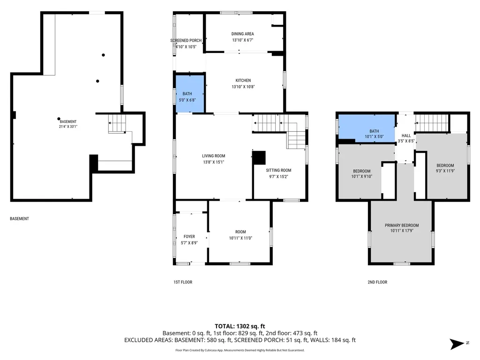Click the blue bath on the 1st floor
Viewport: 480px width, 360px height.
190,94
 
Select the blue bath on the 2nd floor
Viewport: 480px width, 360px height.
367,128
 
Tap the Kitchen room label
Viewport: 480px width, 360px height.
243,81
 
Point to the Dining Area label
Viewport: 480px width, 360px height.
242,34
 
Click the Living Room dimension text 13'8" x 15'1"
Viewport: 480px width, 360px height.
214,162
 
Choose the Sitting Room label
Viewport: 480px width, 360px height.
278,170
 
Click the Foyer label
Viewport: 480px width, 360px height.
189,237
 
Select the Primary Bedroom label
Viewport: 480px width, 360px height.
402,225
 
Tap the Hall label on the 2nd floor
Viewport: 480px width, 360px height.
406,135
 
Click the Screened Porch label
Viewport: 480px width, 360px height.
186,40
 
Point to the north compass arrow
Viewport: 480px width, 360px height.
457,344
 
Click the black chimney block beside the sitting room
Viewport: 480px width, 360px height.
259,157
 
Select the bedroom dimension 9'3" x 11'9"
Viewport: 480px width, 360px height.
445,171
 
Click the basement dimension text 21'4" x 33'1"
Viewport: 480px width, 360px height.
68,127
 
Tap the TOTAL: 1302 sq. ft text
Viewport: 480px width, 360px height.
240,326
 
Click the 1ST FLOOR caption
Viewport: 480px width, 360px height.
183,282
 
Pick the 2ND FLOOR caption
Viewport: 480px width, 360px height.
377,282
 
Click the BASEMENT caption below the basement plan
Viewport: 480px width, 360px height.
19,218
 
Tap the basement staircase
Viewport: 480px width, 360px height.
117,123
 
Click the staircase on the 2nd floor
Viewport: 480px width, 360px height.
432,123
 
